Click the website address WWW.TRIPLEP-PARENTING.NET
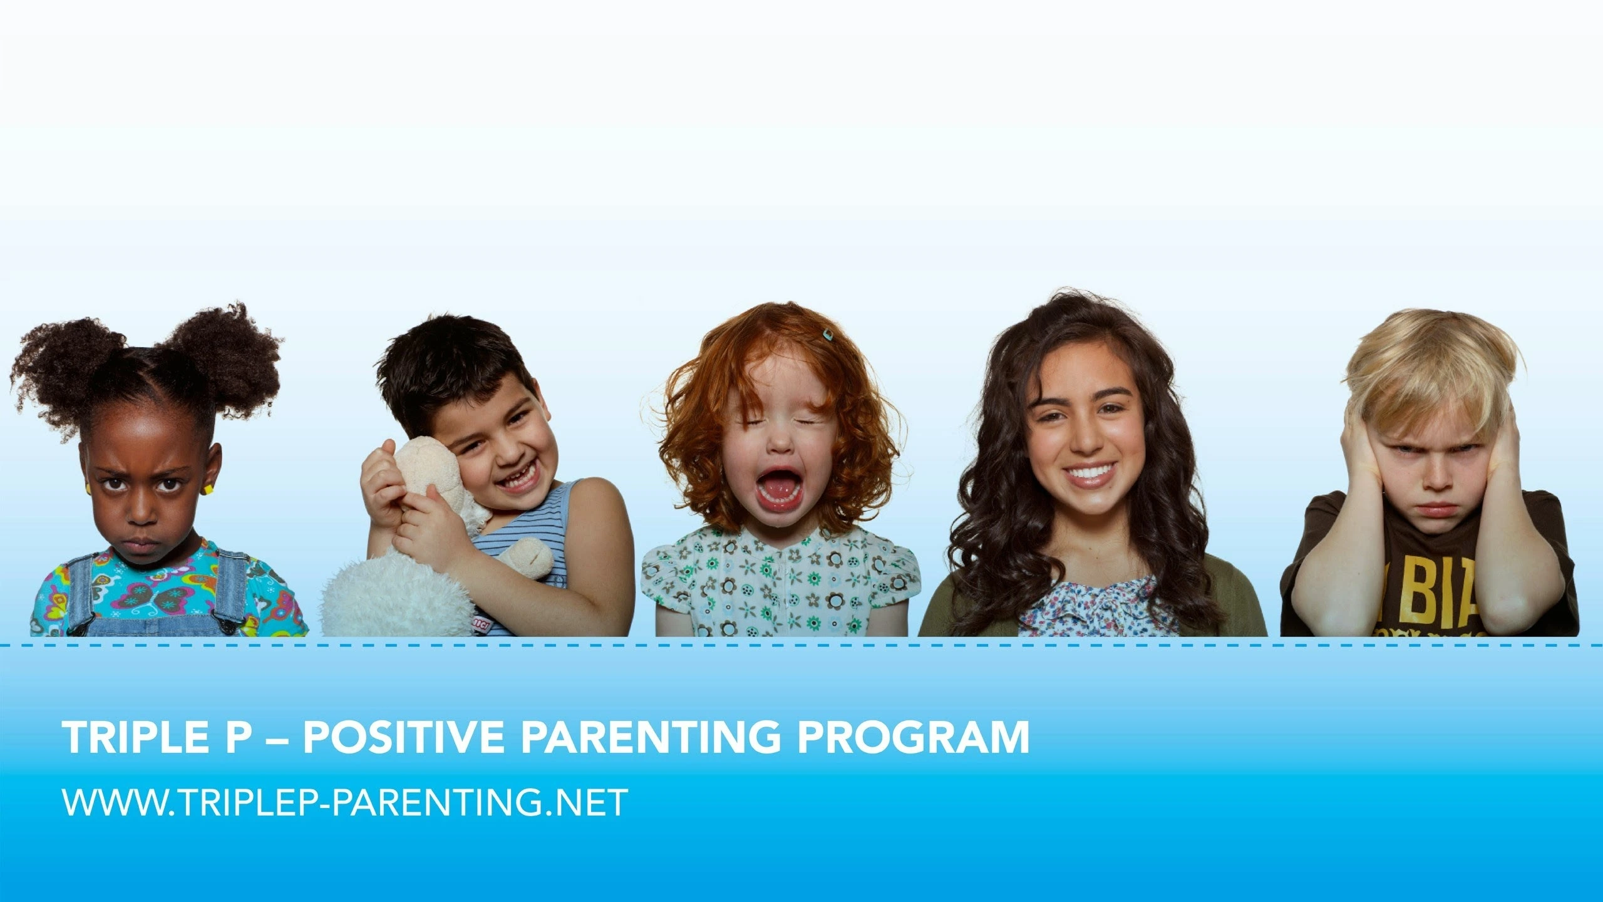[344, 802]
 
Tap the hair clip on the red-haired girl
[828, 334]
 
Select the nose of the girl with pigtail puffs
[143, 515]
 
